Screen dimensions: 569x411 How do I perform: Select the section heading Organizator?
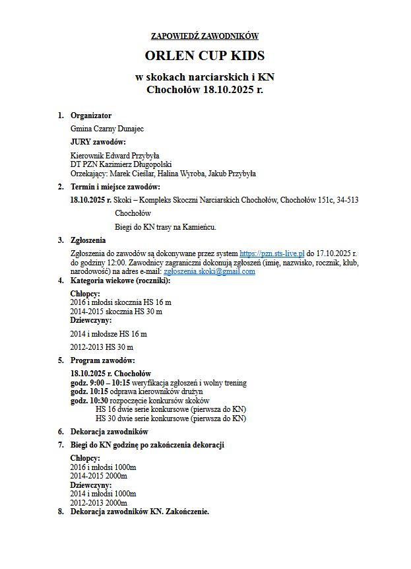pyautogui.click(x=91, y=116)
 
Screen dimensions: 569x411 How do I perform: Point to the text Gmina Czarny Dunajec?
pyautogui.click(x=107, y=129)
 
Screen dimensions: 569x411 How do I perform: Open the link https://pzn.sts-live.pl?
pyautogui.click(x=272, y=253)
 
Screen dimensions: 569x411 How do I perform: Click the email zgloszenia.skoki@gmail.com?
pyautogui.click(x=209, y=271)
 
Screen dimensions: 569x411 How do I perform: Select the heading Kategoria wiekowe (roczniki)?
pyautogui.click(x=120, y=281)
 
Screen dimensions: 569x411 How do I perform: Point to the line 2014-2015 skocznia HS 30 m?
pyautogui.click(x=116, y=311)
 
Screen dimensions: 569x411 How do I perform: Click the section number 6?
pyautogui.click(x=61, y=432)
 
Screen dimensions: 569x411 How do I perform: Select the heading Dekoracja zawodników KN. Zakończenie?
pyautogui.click(x=140, y=512)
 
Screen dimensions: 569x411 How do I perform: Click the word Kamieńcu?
pyautogui.click(x=199, y=227)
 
